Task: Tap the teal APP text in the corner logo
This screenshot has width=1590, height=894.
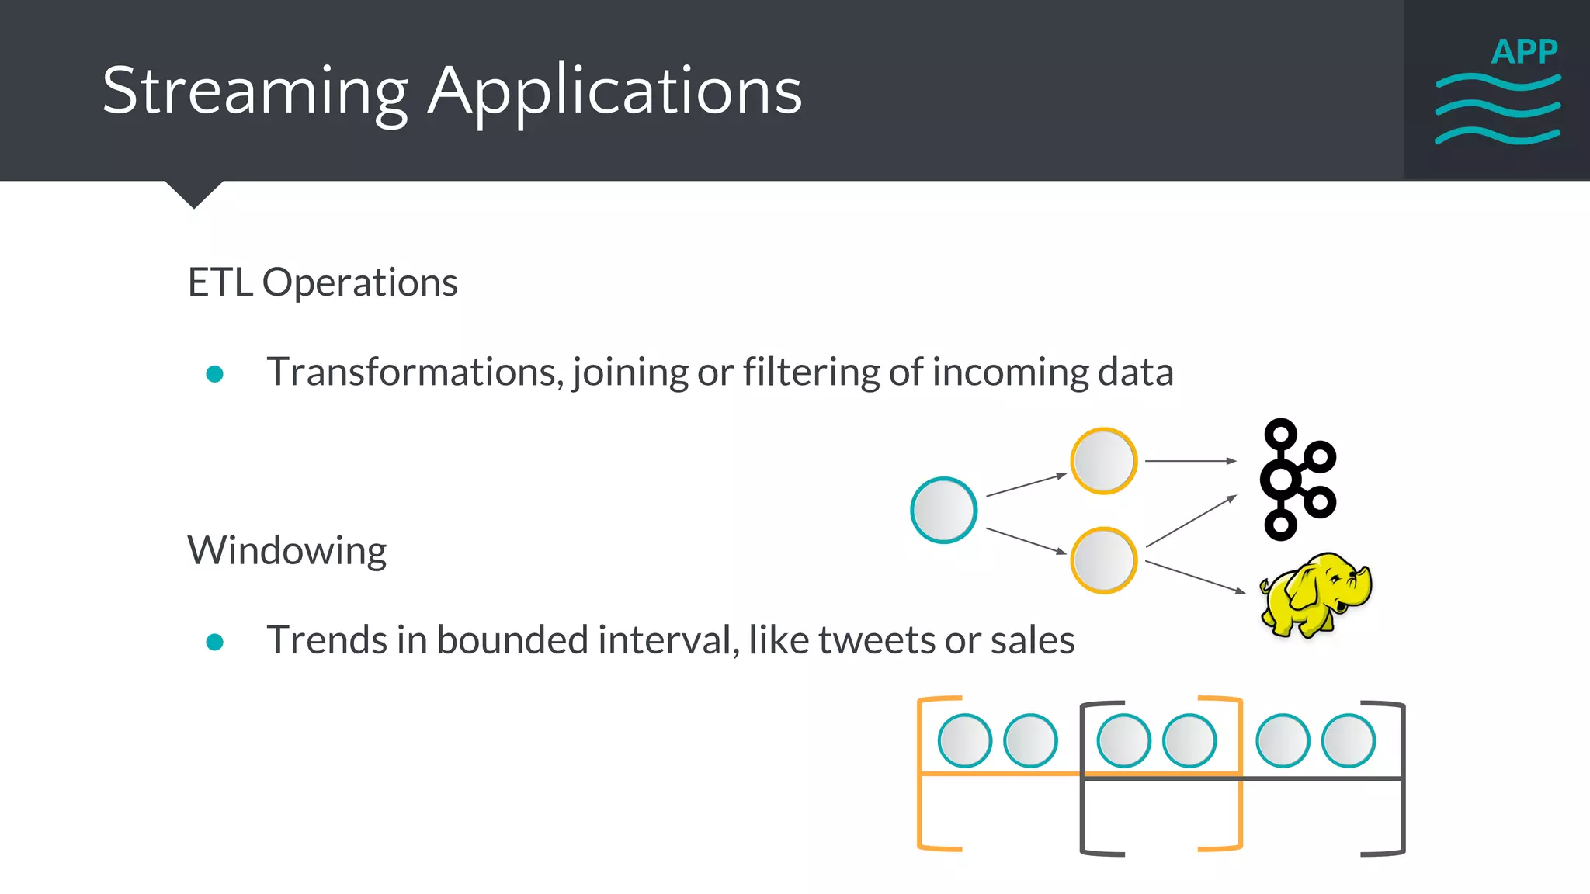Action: coord(1524,52)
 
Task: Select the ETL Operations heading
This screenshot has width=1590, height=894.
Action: coord(322,282)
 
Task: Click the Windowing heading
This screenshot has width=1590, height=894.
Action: coord(286,551)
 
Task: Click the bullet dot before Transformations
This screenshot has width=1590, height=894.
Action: coord(215,374)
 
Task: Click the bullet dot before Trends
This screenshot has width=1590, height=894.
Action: coord(215,642)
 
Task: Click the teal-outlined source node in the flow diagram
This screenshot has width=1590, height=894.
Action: coord(943,510)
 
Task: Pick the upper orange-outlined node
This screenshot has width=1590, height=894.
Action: coord(1103,461)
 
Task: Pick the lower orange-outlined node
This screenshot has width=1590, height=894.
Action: coord(1103,560)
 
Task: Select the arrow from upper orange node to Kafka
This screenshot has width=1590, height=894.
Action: coord(1189,461)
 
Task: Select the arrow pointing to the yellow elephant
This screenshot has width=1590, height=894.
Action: coord(1195,577)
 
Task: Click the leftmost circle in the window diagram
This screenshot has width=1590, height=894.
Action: coord(964,740)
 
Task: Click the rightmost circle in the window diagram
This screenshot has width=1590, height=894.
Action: coord(1349,740)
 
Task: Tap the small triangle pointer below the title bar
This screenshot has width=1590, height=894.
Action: coord(194,192)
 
